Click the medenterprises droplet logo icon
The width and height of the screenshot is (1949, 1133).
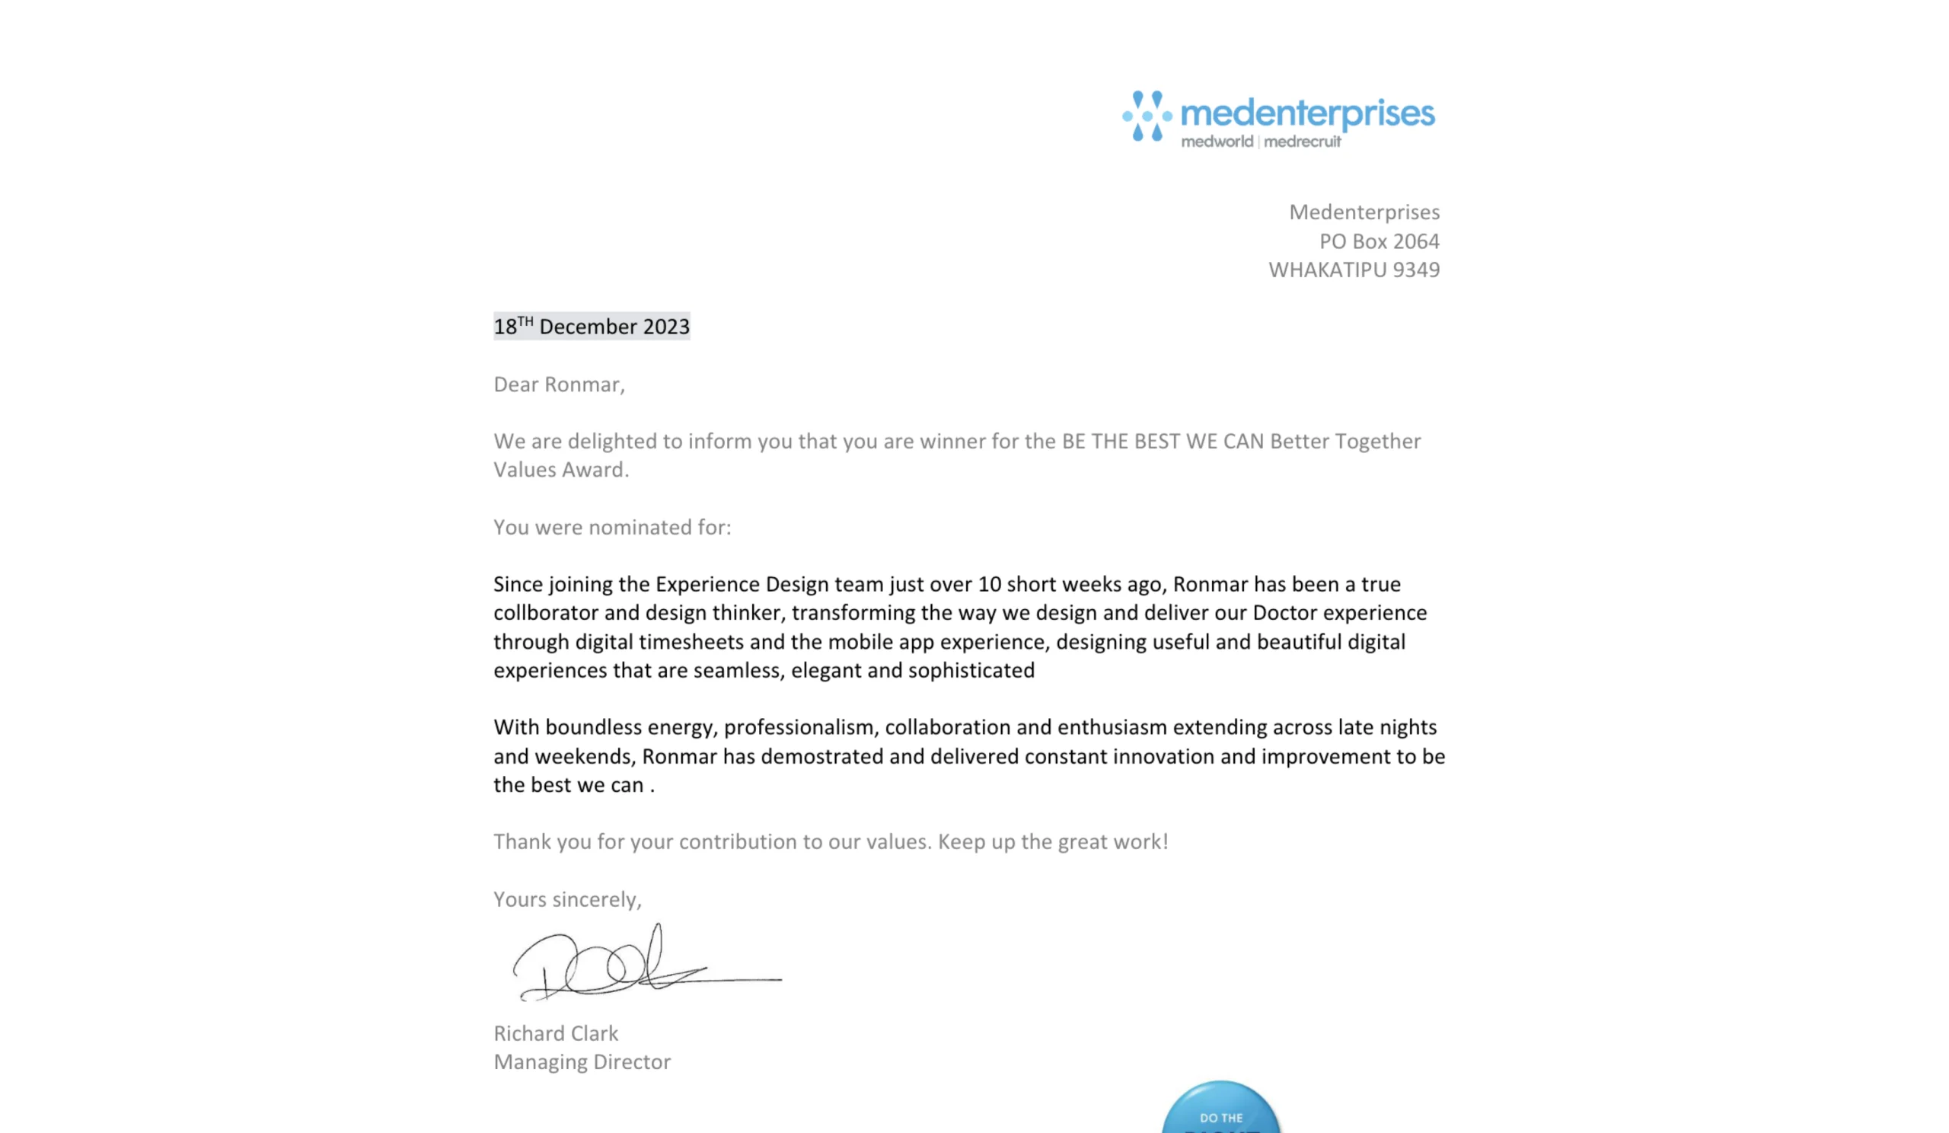coord(1147,116)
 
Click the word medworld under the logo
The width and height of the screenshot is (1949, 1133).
coord(1217,142)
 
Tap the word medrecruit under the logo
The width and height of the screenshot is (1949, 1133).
coord(1303,142)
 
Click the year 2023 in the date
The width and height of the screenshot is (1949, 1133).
coord(666,327)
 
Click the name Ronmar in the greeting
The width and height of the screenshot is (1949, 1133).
coord(583,385)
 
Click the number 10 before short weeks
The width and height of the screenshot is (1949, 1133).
coord(989,584)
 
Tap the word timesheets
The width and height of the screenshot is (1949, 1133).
coord(691,642)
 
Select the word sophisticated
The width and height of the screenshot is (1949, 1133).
coord(971,671)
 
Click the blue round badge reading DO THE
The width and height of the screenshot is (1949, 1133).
coord(1220,1110)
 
